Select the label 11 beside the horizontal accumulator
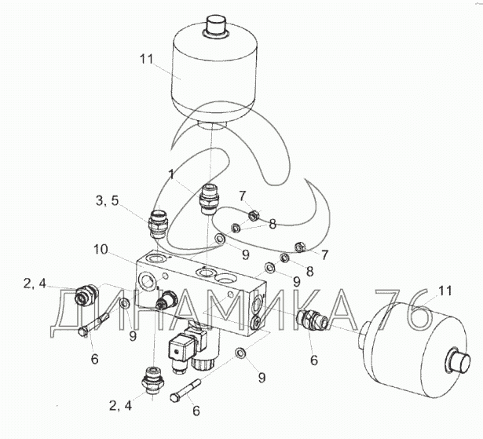(x=445, y=291)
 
